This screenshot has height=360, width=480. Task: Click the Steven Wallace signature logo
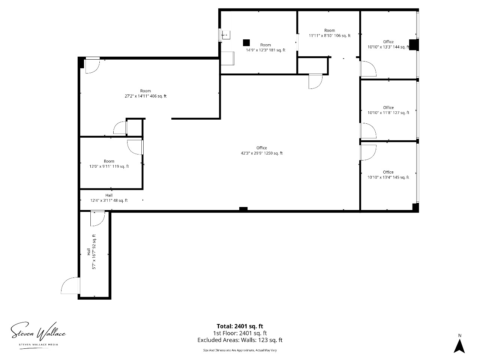(38, 334)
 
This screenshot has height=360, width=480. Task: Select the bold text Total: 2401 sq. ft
(240, 326)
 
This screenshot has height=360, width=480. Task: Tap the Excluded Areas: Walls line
(240, 340)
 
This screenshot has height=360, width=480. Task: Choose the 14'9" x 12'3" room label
(265, 47)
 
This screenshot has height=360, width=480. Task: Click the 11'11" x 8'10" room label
(330, 33)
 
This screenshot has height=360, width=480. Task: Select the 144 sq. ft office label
(388, 44)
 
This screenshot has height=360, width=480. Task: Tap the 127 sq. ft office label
(388, 110)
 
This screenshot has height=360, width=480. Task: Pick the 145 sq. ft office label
(388, 175)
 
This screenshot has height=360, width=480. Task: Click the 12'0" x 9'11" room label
(109, 164)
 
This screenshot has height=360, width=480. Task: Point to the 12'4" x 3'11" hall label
(109, 198)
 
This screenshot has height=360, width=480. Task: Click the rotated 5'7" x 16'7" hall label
(91, 252)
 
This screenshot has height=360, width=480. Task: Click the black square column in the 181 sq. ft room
(246, 43)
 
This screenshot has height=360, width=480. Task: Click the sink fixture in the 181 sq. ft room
(226, 35)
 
